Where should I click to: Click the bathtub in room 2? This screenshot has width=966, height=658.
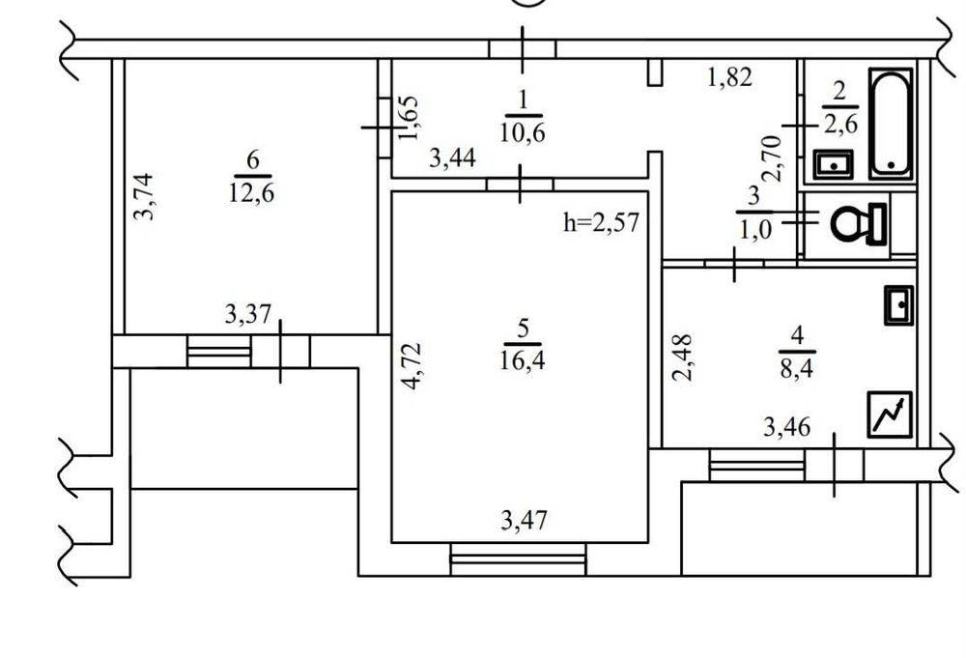[x=891, y=124]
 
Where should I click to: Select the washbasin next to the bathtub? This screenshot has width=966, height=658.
[x=833, y=164]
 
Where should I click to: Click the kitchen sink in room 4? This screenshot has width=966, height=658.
[x=898, y=305]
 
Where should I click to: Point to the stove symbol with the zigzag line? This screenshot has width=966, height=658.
[x=890, y=415]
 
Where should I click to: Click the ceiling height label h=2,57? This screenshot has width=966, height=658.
[x=601, y=222]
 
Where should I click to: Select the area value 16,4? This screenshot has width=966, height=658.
[x=522, y=360]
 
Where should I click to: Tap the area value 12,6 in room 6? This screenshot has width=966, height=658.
[x=251, y=193]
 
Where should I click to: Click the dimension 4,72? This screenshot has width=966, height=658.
[x=411, y=366]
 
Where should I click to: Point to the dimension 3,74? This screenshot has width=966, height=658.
[x=143, y=196]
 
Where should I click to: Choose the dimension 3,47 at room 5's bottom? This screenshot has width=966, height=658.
[x=524, y=521]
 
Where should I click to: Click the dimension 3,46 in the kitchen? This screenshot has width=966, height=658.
[x=786, y=426]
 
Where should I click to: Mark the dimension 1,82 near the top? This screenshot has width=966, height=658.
[x=729, y=77]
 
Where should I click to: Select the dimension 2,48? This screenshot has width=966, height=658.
[x=682, y=358]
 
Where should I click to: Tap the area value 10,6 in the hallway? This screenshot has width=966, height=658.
[x=523, y=133]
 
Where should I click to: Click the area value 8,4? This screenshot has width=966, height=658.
[x=797, y=370]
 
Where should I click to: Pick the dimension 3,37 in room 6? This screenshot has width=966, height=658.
[x=247, y=314]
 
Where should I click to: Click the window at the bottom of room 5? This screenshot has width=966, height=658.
[x=518, y=558]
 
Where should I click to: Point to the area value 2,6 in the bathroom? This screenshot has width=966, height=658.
[x=840, y=125]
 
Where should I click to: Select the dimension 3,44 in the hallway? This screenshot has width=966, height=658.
[x=453, y=158]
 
